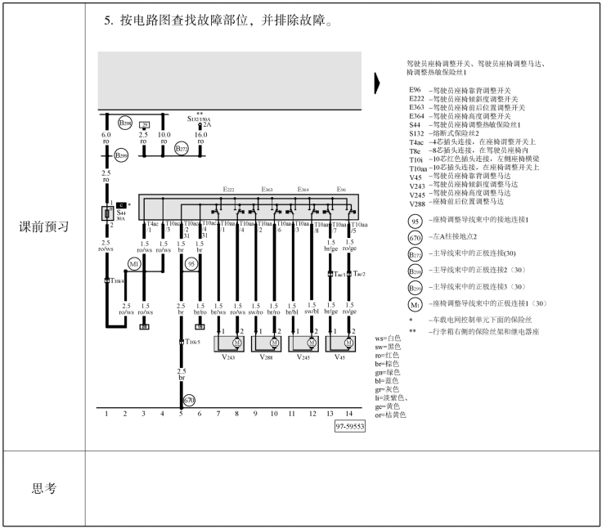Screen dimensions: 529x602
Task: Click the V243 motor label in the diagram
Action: (x=227, y=357)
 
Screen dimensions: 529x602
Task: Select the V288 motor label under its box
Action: (x=267, y=357)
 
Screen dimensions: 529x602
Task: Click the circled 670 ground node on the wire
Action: (x=189, y=401)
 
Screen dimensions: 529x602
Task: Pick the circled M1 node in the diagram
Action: (x=134, y=264)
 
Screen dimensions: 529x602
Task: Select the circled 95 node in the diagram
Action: (x=191, y=264)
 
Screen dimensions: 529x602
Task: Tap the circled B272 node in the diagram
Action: (x=182, y=149)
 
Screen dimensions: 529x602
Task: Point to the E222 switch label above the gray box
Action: (x=230, y=190)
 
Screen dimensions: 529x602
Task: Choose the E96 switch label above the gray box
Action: (x=340, y=190)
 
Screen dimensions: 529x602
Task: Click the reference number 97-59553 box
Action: (x=349, y=427)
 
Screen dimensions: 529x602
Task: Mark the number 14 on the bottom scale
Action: (x=349, y=415)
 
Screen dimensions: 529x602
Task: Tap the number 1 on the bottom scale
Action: (x=106, y=415)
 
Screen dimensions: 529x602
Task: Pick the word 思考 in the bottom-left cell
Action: (x=44, y=488)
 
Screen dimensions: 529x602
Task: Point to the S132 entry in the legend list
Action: (x=417, y=132)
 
